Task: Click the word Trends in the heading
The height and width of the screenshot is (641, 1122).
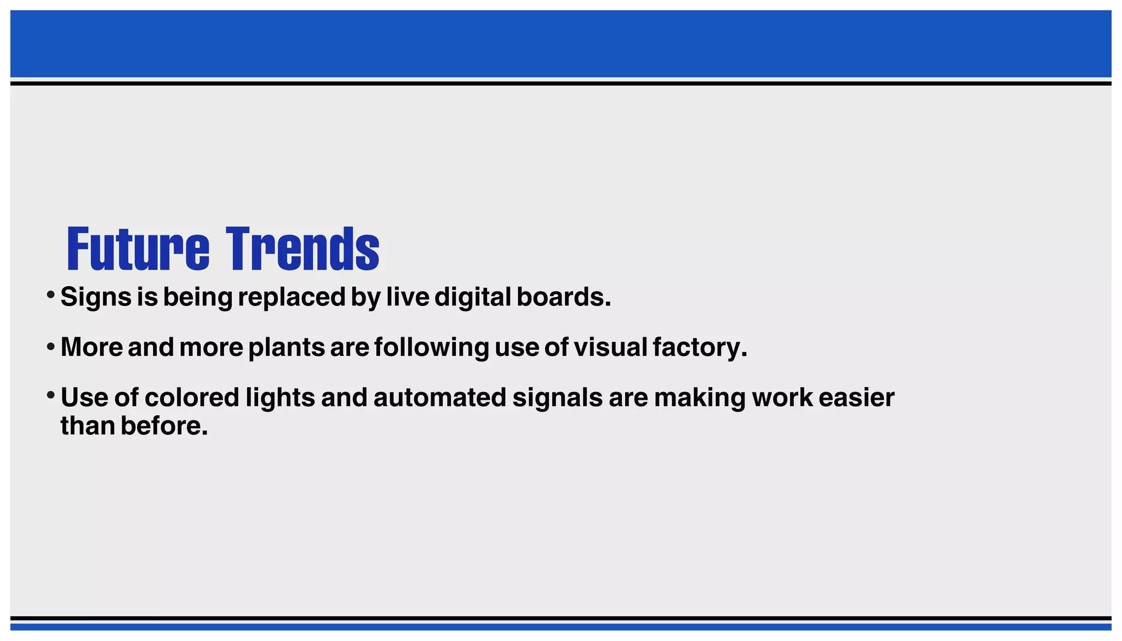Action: point(302,249)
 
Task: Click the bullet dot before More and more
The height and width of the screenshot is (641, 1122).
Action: point(50,347)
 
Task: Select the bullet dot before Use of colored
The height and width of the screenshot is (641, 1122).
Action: point(50,395)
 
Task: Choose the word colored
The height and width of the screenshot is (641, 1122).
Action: point(192,398)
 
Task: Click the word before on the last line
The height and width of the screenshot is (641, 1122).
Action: point(164,426)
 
